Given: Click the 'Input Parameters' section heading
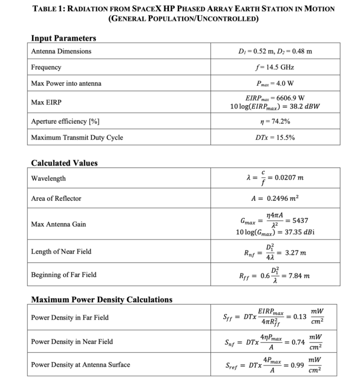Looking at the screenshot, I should click(63, 38).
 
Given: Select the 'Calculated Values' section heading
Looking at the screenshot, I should click(64, 163).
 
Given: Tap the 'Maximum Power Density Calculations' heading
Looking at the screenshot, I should click(101, 299).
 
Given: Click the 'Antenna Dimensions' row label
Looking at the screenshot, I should click(61, 51).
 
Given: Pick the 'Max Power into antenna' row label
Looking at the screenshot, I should click(66, 83).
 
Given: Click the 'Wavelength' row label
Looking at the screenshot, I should click(48, 179).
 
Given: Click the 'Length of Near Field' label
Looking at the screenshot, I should click(61, 252).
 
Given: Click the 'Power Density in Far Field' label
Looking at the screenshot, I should click(69, 318).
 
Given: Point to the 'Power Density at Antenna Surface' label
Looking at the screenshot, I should click(80, 364).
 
